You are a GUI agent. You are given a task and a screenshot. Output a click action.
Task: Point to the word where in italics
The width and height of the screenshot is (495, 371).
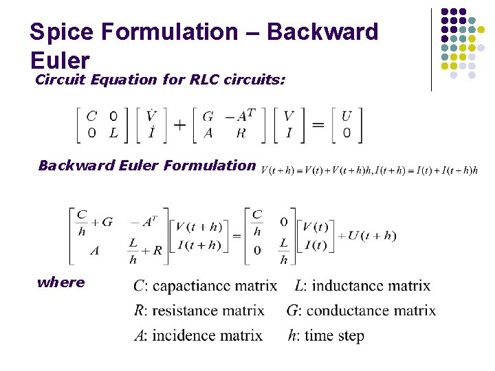(61, 282)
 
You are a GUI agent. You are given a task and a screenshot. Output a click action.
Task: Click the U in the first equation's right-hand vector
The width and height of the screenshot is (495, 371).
(346, 116)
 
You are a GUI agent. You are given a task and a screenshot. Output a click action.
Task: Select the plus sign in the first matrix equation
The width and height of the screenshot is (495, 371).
(180, 124)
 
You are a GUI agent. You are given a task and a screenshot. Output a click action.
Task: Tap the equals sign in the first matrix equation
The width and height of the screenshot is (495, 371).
(318, 124)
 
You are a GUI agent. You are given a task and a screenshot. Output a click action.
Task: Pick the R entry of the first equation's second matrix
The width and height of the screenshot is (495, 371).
(241, 133)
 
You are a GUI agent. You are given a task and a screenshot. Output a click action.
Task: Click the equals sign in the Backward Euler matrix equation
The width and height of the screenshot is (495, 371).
(236, 236)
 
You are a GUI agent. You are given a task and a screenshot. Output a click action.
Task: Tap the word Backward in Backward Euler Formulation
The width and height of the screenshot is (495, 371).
(67, 165)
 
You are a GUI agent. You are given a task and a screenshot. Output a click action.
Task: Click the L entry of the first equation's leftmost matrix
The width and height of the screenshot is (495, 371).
(113, 133)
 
